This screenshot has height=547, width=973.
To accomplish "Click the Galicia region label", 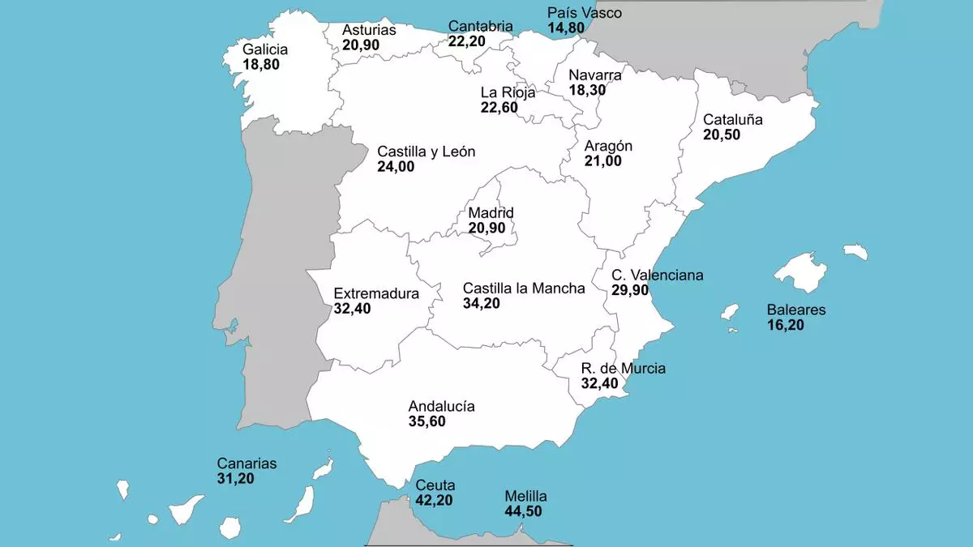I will (265, 49).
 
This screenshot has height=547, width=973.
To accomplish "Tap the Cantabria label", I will (480, 27).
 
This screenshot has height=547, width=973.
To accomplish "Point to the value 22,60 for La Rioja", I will (499, 108).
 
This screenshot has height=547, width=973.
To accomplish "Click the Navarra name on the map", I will (595, 75).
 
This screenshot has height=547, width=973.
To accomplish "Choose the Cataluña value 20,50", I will (721, 135).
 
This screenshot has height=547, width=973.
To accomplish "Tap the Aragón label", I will (608, 146).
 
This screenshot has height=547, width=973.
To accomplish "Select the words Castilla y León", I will (426, 152).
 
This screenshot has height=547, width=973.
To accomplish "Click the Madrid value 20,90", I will (486, 229).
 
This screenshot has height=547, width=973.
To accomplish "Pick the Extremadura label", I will (376, 293).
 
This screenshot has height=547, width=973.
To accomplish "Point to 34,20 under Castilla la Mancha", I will (481, 304).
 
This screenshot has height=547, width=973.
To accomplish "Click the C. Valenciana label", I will (658, 276).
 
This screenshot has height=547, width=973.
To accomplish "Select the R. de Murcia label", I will (623, 369).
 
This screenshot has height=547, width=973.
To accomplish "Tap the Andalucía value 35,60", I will (426, 421).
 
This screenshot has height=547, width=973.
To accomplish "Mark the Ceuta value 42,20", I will (434, 501).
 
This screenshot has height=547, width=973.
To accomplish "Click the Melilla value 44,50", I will (522, 511).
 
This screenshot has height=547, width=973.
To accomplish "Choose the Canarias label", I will (246, 464).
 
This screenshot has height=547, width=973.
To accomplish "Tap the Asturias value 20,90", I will (360, 45).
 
